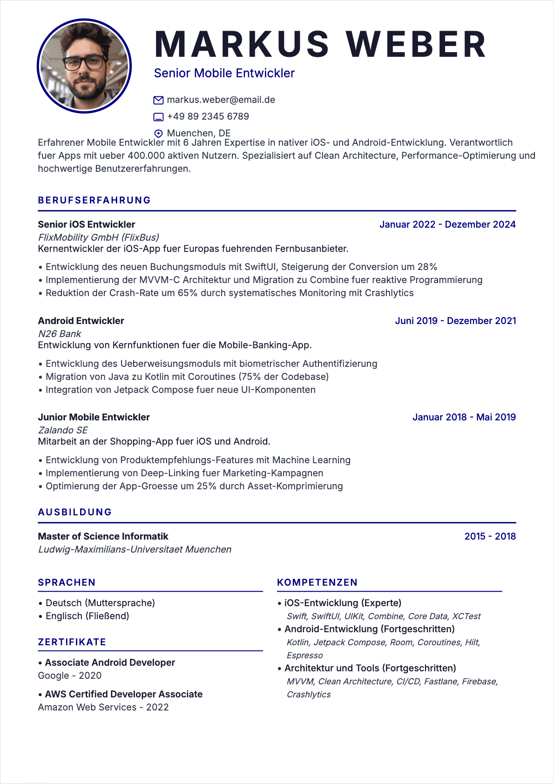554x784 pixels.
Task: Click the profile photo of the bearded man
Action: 84,66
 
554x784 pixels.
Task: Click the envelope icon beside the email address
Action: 158,100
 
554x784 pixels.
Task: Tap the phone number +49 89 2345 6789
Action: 208,116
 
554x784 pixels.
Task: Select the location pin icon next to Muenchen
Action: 158,133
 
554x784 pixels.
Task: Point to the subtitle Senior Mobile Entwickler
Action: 224,73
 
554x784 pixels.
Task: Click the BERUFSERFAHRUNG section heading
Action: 95,200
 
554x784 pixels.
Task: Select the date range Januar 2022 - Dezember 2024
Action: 447,224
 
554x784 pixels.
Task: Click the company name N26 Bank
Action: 60,334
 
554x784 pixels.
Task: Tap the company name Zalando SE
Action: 63,430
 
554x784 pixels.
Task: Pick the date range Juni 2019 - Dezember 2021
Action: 455,321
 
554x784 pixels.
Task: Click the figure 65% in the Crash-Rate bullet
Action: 188,293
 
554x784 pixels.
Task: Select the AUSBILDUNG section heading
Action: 75,512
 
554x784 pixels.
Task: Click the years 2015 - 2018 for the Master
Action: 490,536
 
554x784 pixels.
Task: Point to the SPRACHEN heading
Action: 67,582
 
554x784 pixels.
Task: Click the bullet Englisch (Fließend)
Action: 87,616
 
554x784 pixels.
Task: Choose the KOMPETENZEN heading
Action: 317,582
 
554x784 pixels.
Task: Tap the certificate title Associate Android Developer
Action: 110,662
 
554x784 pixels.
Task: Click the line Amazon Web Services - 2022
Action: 103,707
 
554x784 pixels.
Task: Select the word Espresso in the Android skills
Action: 304,656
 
